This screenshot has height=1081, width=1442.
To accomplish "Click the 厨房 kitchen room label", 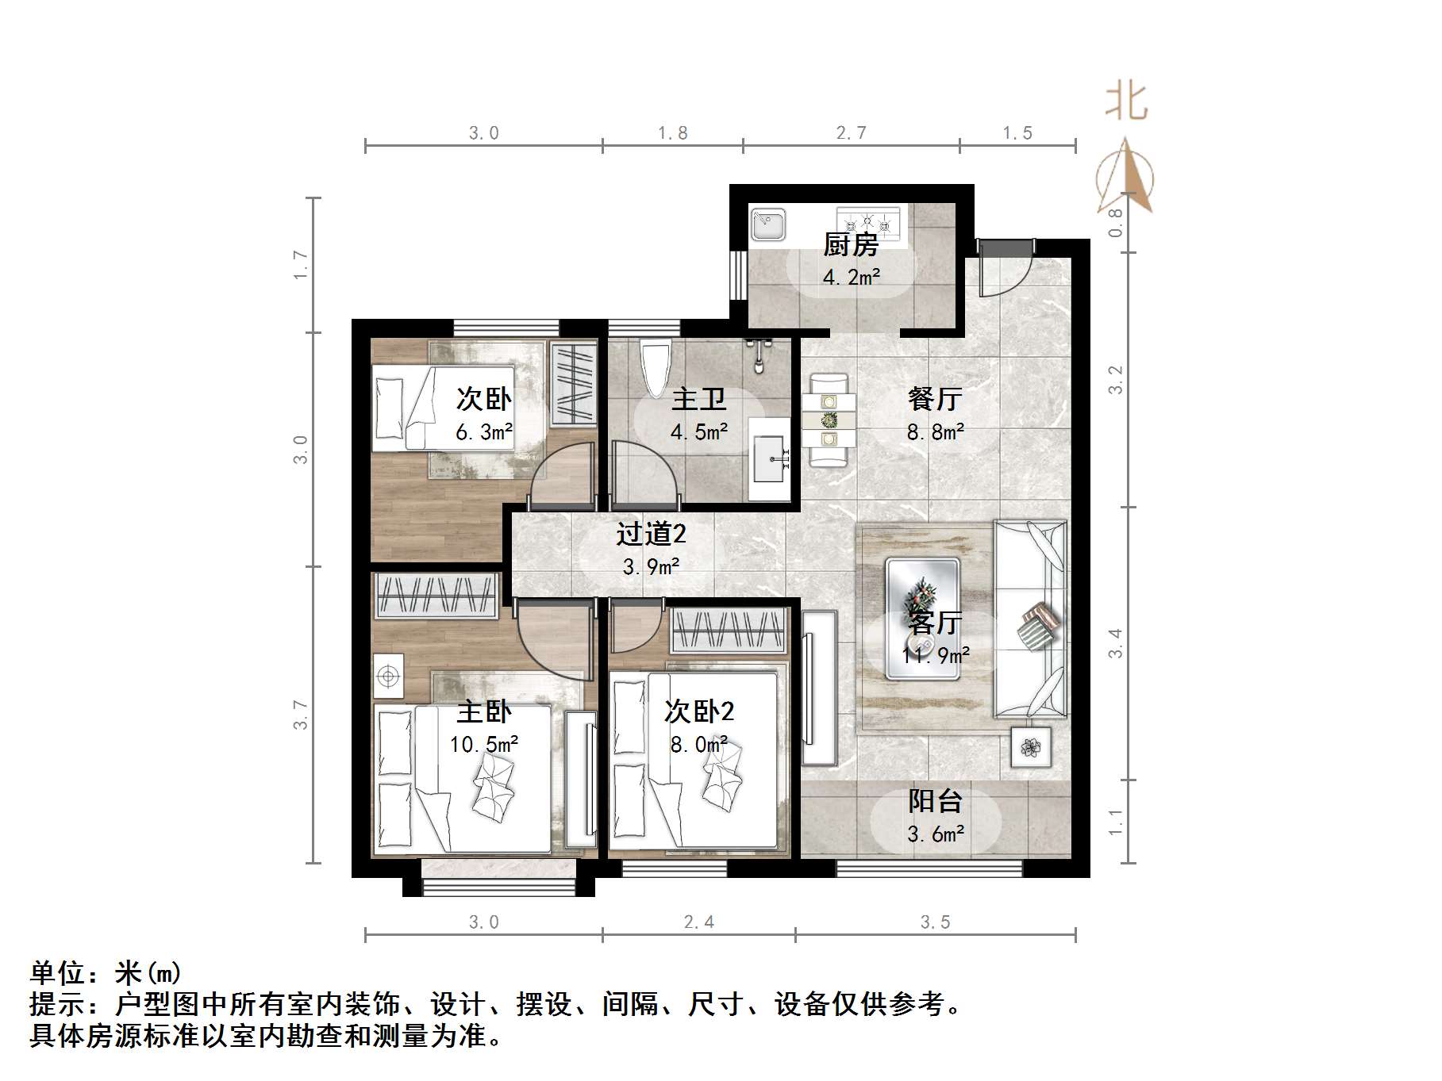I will (851, 245).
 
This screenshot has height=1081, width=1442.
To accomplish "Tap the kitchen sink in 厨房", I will (767, 225).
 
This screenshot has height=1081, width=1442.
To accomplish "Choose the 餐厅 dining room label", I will (935, 399).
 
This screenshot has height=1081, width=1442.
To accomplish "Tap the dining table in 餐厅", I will (829, 420).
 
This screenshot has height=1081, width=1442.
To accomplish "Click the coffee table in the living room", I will (922, 619).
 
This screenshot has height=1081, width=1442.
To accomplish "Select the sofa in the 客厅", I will (1030, 619).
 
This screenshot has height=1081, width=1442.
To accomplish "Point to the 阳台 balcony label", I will (935, 801).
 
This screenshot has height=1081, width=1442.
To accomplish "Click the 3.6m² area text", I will (936, 834).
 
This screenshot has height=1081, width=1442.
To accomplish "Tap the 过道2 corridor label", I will (651, 534).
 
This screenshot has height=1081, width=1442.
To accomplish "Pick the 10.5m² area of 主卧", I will (484, 745).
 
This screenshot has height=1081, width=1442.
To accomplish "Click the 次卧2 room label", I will (699, 711).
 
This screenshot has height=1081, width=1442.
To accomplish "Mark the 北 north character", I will (1126, 102).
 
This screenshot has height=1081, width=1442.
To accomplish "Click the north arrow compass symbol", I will (1125, 178).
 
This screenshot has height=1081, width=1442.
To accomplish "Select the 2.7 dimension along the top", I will (851, 133).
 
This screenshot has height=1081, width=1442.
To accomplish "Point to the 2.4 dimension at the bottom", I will (698, 922).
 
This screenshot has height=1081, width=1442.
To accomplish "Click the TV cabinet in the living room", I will (819, 688).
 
